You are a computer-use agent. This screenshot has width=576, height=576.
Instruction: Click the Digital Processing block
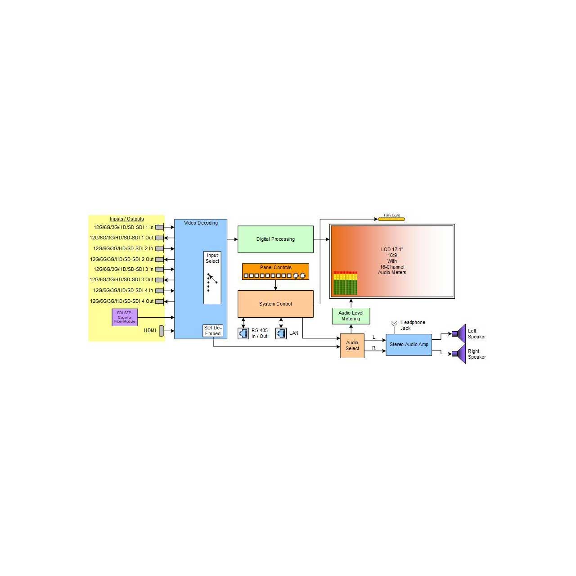pyautogui.click(x=275, y=239)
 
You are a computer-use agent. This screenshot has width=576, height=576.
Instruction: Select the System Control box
pyautogui.click(x=275, y=304)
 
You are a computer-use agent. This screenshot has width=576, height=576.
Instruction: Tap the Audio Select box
pyautogui.click(x=352, y=346)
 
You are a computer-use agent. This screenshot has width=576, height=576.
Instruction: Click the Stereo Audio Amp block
pyautogui.click(x=409, y=345)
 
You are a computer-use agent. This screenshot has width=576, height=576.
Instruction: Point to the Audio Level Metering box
pyautogui.click(x=351, y=316)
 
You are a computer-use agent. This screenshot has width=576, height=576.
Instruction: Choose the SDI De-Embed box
pyautogui.click(x=213, y=331)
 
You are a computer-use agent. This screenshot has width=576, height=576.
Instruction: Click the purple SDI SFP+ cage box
pyautogui.click(x=125, y=317)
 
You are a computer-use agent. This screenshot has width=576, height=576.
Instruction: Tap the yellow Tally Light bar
pyautogui.click(x=391, y=219)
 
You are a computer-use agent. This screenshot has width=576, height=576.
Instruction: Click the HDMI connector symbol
pyautogui.click(x=162, y=331)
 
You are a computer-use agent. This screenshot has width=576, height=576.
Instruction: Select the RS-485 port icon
pyautogui.click(x=243, y=333)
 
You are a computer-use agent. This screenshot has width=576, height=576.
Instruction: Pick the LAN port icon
pyautogui.click(x=281, y=333)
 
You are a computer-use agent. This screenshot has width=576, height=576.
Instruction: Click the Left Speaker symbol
pyautogui.click(x=459, y=333)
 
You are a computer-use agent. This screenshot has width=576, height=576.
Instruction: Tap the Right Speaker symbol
pyautogui.click(x=459, y=354)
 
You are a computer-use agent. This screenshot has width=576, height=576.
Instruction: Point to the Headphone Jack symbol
pyautogui.click(x=394, y=325)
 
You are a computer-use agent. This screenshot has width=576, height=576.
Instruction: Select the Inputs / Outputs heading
pyautogui.click(x=127, y=219)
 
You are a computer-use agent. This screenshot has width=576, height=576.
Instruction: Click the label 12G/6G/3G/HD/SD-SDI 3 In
pyautogui.click(x=123, y=269)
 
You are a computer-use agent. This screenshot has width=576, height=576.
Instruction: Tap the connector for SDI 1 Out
pyautogui.click(x=159, y=238)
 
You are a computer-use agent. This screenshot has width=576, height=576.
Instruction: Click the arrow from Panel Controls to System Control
pyautogui.click(x=275, y=285)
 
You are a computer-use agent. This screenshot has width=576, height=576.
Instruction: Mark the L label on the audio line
pyautogui.click(x=373, y=337)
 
